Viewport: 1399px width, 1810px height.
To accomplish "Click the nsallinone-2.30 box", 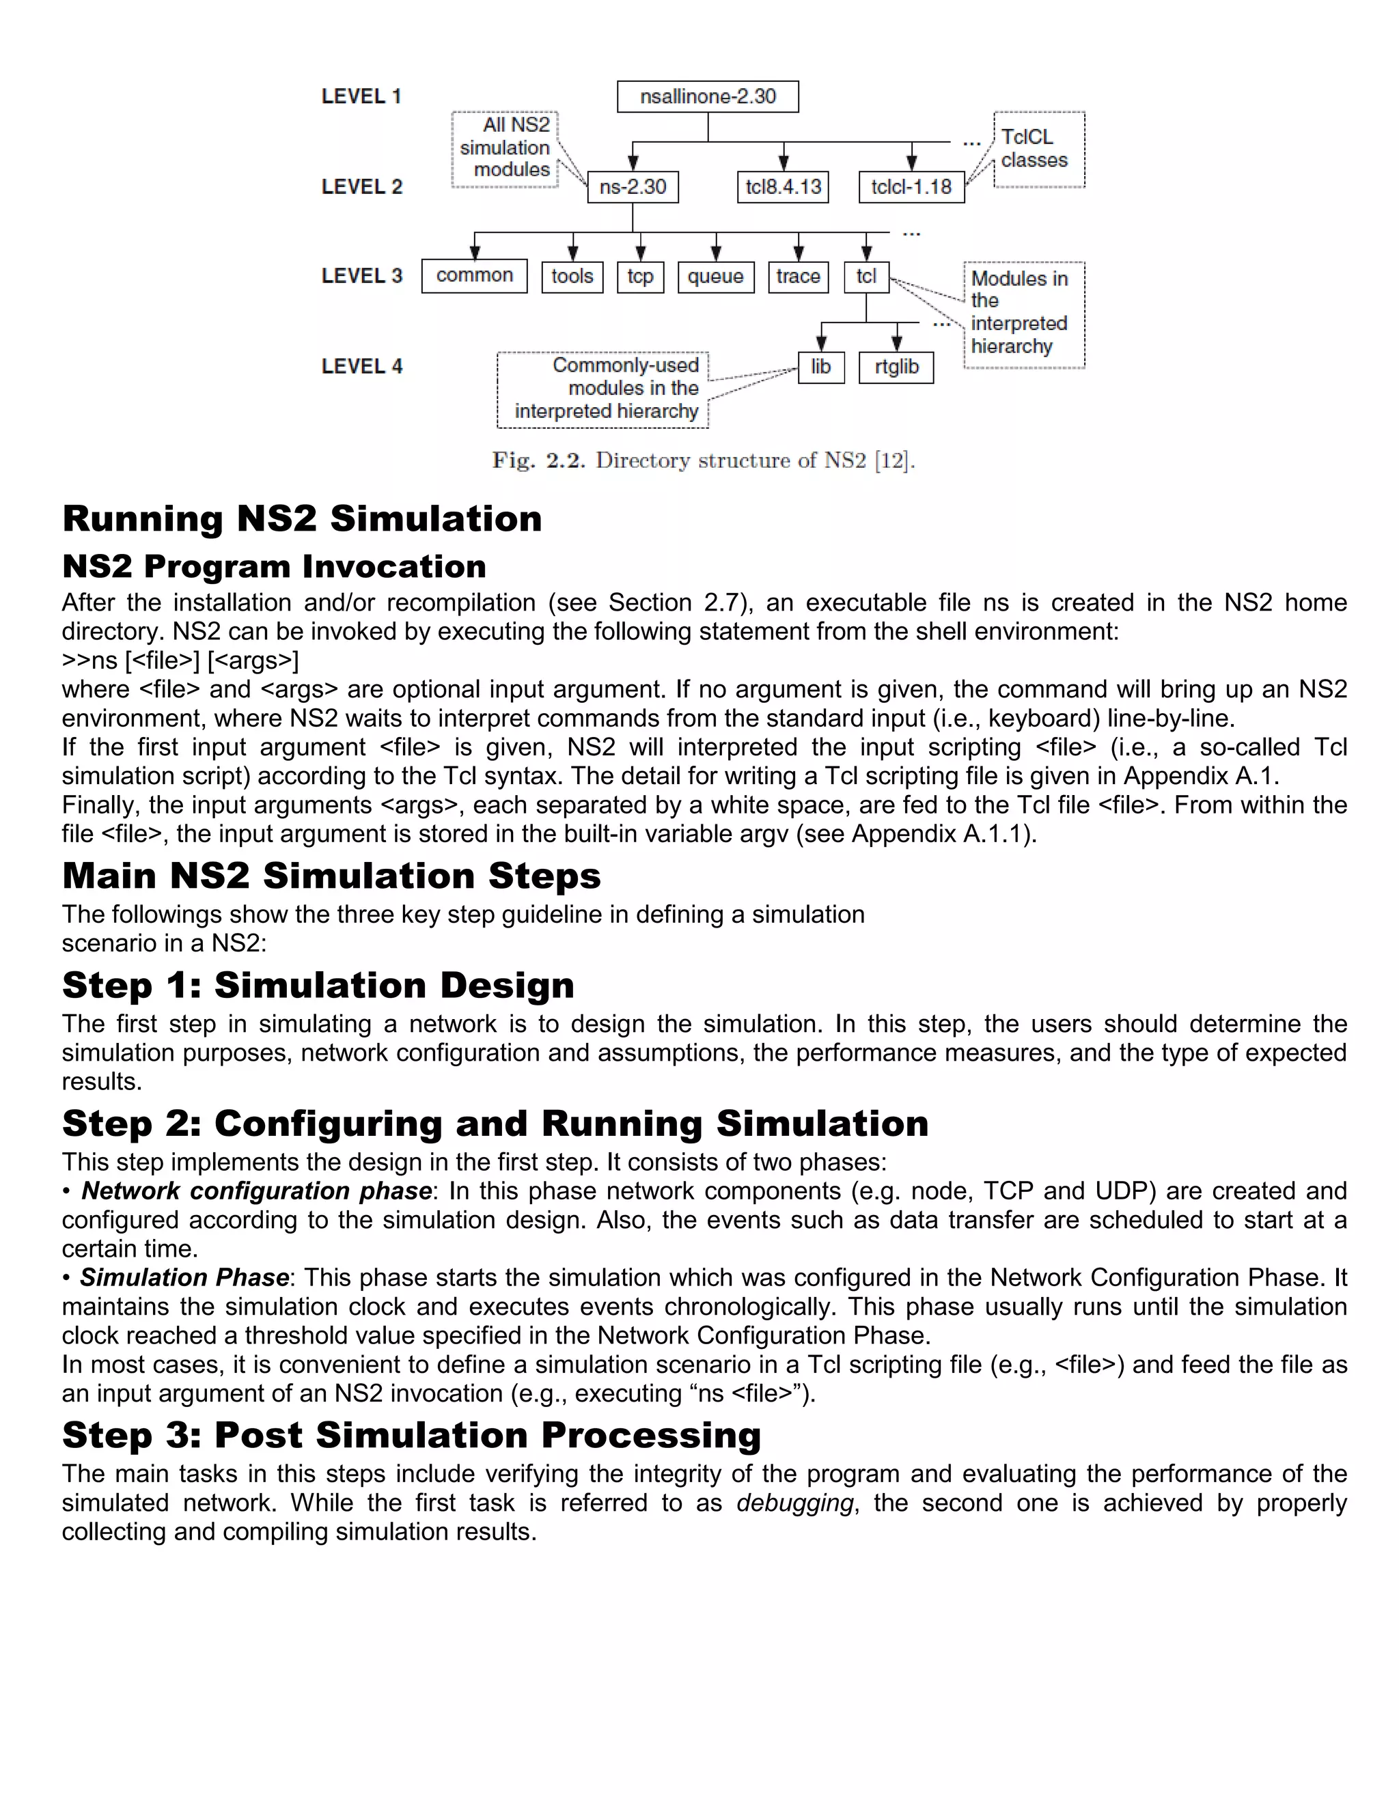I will click(708, 97).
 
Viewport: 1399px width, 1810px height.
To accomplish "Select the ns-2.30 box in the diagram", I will click(633, 187).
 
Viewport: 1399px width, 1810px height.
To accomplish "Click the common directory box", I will click(474, 276).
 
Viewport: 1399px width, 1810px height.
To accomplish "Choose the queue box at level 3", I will click(715, 277).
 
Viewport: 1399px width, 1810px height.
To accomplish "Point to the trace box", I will click(798, 277).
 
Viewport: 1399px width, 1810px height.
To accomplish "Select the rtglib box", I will click(896, 367).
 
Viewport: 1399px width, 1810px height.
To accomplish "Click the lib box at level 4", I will click(820, 367).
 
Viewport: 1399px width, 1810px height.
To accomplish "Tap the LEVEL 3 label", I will click(361, 276).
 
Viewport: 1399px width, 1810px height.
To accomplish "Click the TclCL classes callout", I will click(1038, 149).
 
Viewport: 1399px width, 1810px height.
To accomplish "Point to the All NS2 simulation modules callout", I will click(505, 148).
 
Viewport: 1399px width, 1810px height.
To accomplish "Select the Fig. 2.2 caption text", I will click(703, 461).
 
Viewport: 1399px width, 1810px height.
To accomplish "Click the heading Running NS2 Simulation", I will click(302, 520).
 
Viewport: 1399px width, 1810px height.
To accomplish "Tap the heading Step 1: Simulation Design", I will click(318, 986).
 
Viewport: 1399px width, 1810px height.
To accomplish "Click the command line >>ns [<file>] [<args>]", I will click(180, 660).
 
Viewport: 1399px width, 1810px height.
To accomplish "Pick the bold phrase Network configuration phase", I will click(256, 1191).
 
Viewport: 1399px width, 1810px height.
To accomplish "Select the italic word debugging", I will click(794, 1503).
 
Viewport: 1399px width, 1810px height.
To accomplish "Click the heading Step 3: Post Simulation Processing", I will click(411, 1436).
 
